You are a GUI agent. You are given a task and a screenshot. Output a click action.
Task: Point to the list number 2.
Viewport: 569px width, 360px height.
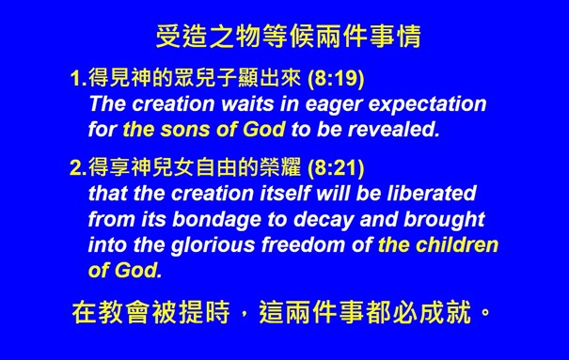[x=76, y=170]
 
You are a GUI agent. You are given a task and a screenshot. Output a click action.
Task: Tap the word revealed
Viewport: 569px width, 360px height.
[x=401, y=129]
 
